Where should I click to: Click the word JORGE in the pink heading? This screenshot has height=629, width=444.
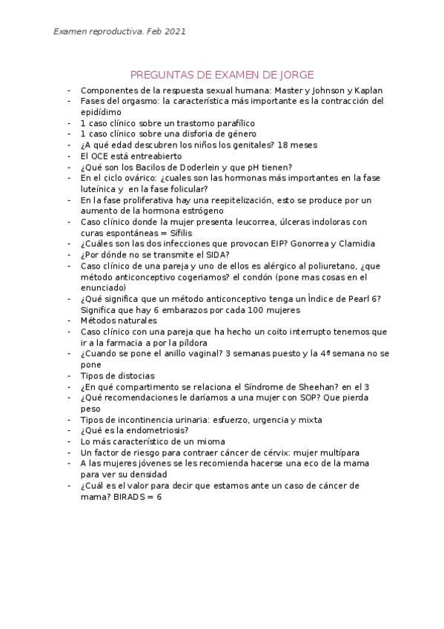[295, 74]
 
